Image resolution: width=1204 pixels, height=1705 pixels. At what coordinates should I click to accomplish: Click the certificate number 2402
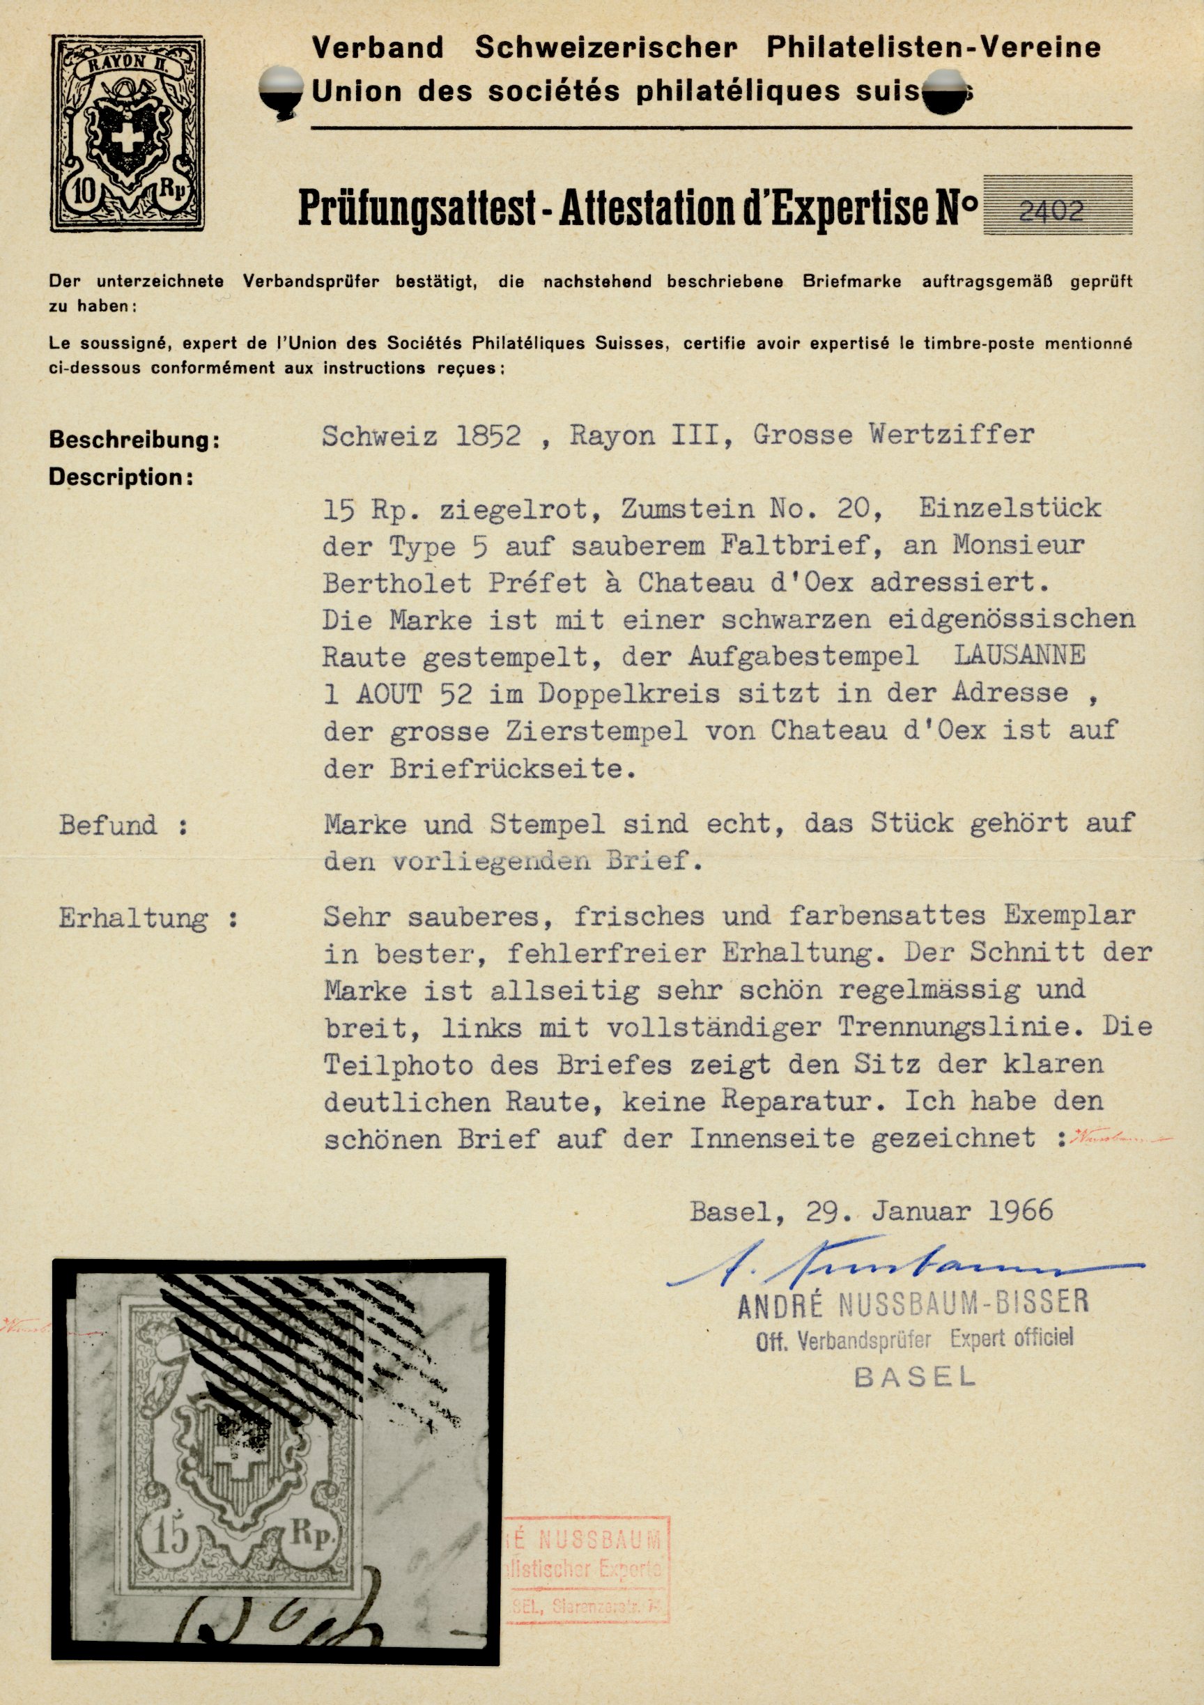(1051, 212)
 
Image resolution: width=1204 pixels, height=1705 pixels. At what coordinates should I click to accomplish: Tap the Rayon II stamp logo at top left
(128, 134)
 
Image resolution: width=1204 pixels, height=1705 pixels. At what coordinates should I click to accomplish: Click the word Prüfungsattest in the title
(417, 208)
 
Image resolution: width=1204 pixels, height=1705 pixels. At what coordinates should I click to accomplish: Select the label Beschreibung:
(134, 440)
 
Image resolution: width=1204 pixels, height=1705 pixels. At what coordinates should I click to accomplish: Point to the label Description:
(121, 477)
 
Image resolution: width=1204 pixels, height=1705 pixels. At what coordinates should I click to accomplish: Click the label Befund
(109, 825)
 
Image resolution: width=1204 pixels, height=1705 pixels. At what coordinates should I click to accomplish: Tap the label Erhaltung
(134, 918)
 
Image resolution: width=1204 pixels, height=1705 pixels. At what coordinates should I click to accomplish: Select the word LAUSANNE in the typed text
(1019, 655)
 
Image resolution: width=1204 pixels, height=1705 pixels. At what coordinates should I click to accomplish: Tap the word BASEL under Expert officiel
(914, 1378)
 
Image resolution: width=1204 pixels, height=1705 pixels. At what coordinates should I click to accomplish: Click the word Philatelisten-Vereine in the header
(934, 47)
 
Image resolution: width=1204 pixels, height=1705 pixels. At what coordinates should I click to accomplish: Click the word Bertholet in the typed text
(396, 583)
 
